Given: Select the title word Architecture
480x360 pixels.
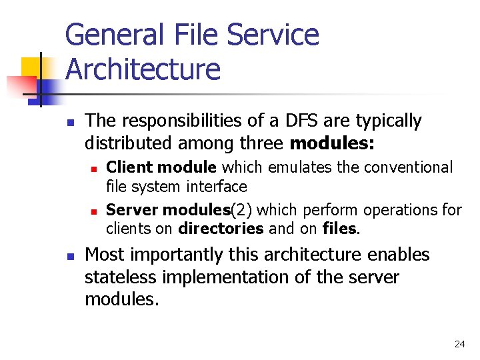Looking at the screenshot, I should point(143,69).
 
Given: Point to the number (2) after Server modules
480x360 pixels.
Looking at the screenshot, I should point(241,210).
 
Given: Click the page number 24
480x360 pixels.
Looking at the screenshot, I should point(459,344).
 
